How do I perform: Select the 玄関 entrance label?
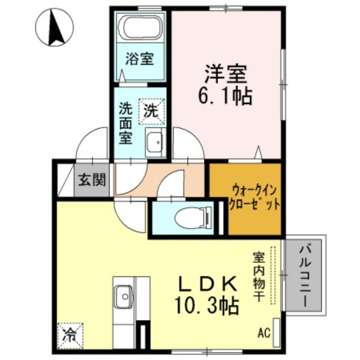92,180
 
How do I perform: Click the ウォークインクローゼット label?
254,196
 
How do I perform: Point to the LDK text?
208,284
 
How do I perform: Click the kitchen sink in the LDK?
124,296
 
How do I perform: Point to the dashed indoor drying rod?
272,275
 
